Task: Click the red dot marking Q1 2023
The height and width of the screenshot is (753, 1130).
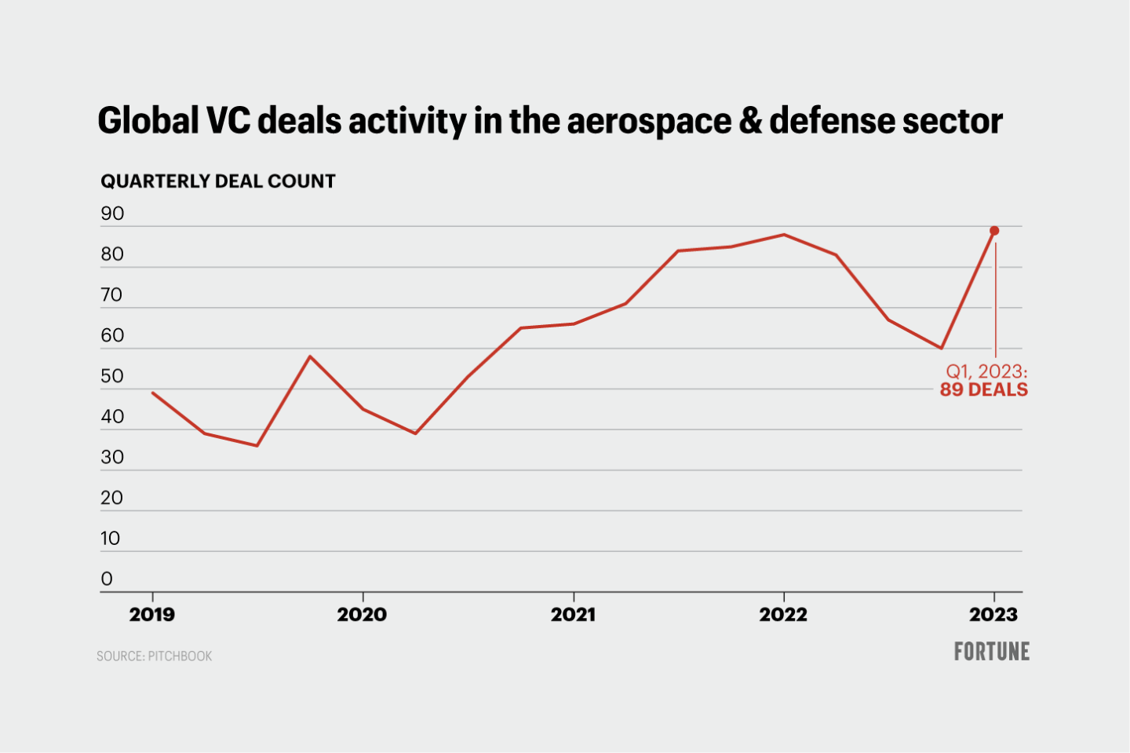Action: tap(994, 231)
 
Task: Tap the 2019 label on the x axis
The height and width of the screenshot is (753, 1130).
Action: tap(152, 615)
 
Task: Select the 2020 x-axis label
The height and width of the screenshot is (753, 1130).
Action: tap(362, 615)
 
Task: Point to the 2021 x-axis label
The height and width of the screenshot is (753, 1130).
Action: tap(573, 615)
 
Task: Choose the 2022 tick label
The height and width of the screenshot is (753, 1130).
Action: tap(783, 615)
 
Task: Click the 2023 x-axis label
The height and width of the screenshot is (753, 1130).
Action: tap(993, 615)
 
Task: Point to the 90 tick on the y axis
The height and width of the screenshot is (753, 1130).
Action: tap(112, 214)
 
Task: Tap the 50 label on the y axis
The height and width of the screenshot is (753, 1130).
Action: tap(112, 376)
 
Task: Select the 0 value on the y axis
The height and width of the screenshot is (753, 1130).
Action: tap(107, 579)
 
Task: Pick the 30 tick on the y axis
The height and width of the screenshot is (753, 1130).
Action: tap(112, 458)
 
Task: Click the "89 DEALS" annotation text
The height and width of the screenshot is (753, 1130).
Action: tap(984, 390)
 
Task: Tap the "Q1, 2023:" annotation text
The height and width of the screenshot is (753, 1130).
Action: tap(986, 371)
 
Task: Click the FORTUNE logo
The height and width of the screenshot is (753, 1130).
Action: tap(992, 652)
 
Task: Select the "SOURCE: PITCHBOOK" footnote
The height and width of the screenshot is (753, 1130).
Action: tap(155, 656)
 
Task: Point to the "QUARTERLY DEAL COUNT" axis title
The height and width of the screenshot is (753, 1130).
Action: tap(218, 181)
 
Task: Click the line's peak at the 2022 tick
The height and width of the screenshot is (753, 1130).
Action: tap(784, 235)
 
